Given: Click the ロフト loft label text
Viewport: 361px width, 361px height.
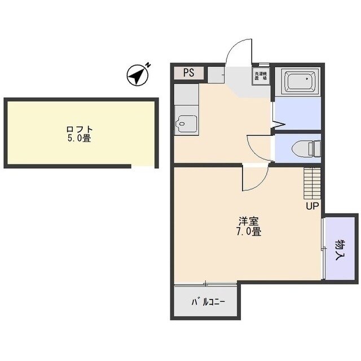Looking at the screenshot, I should pyautogui.click(x=78, y=128).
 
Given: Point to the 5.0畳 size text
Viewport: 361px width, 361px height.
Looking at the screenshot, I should pyautogui.click(x=78, y=138).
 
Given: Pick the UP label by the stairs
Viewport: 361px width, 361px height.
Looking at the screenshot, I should pyautogui.click(x=312, y=206).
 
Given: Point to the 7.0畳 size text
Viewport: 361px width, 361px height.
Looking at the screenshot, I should pyautogui.click(x=248, y=231).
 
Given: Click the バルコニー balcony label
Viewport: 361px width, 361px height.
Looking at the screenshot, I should pyautogui.click(x=208, y=302).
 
